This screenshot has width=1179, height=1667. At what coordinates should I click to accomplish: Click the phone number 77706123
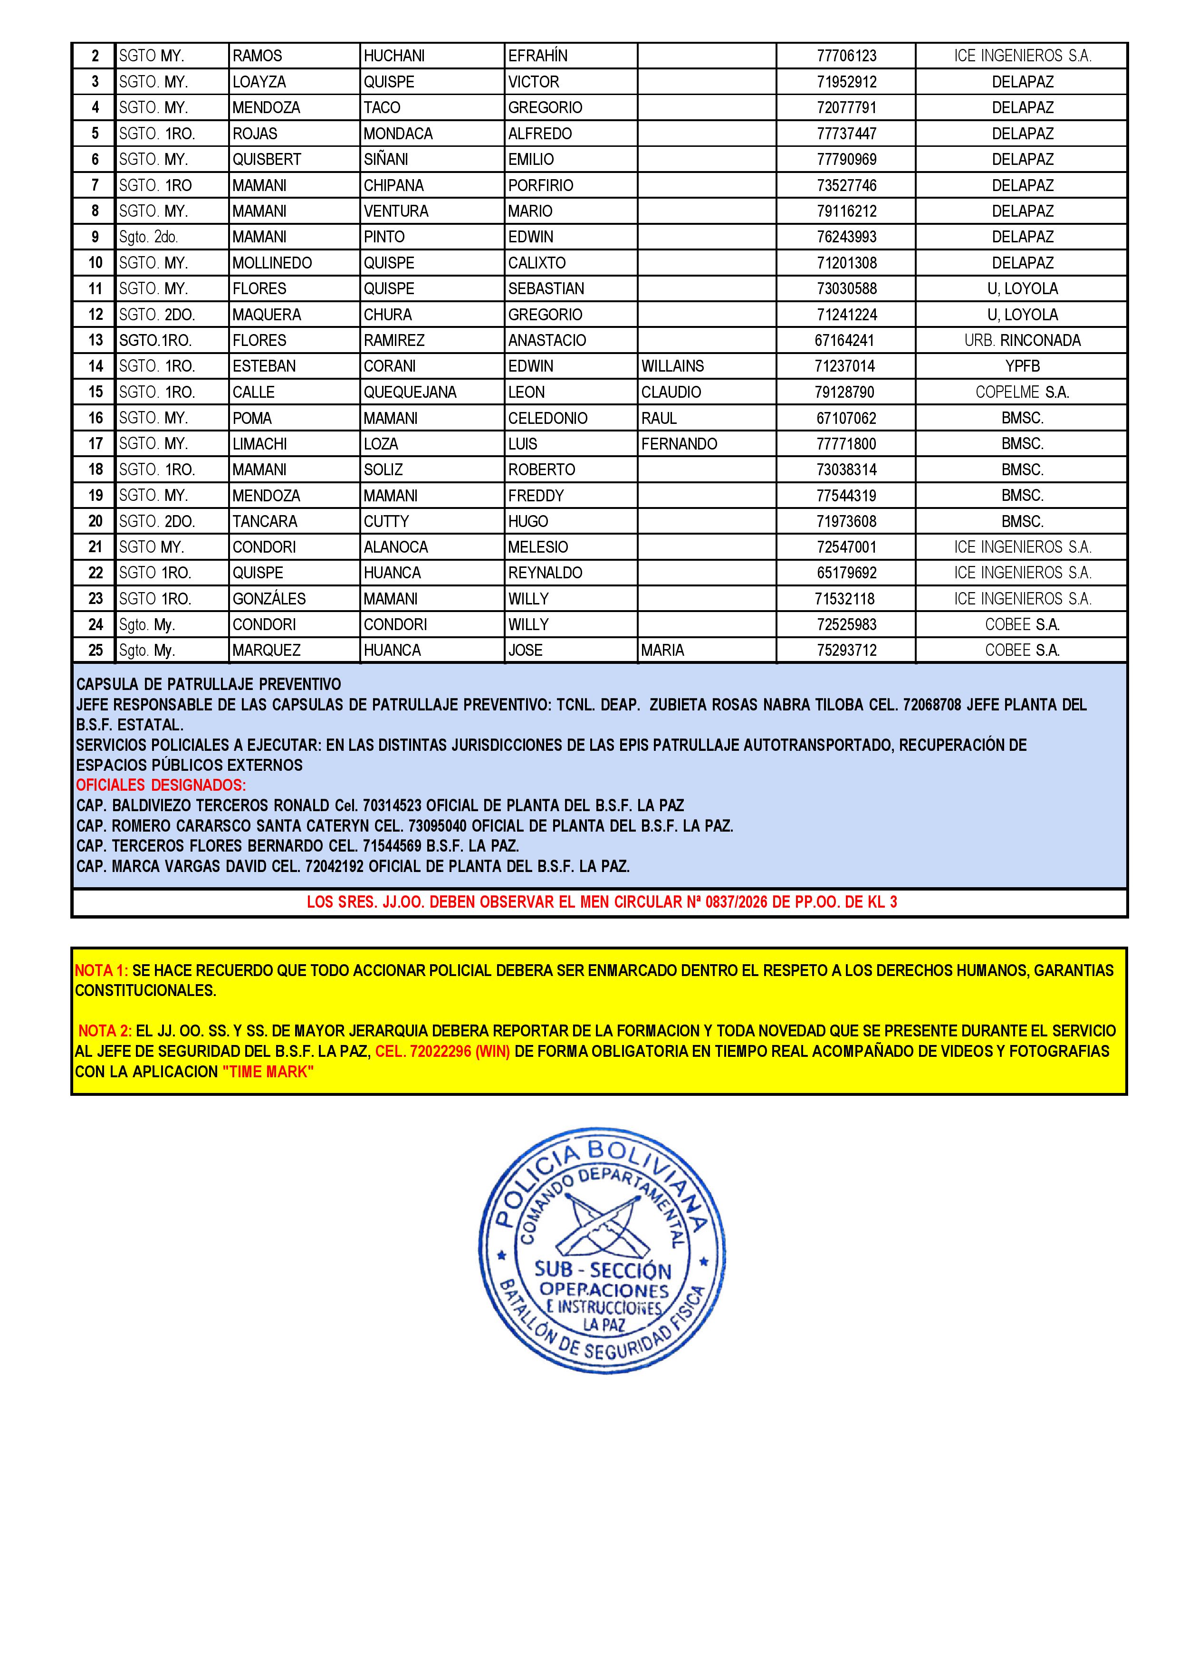coord(846,56)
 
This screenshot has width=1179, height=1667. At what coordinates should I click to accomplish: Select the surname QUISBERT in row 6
coord(267,160)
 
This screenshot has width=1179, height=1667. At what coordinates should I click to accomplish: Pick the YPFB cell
coord(1022,366)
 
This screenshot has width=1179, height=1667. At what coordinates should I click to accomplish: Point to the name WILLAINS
coord(672,366)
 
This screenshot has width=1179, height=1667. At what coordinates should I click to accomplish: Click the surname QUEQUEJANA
coord(410,392)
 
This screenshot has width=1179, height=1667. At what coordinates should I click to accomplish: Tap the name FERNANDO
coord(679,444)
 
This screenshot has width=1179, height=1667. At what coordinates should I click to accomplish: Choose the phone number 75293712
coord(846,651)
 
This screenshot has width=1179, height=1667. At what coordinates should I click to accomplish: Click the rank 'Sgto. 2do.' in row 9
coord(148,238)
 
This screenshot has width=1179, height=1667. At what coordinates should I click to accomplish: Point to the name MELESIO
coord(538,547)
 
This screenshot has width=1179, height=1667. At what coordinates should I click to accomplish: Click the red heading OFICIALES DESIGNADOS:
coord(161,785)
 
